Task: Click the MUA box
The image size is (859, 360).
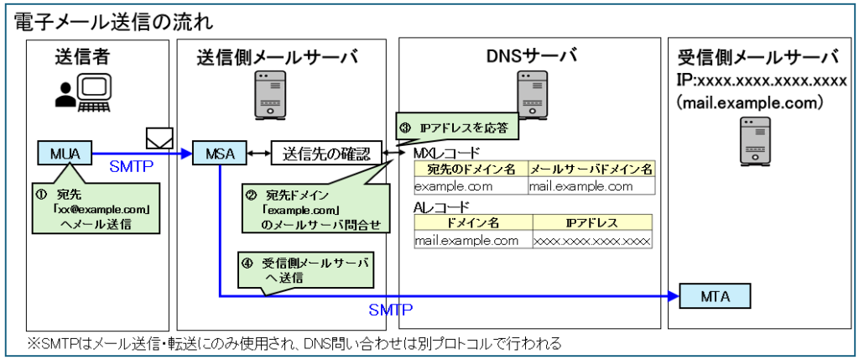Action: (61, 154)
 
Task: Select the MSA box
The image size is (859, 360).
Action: (219, 154)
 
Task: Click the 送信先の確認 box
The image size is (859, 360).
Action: (325, 154)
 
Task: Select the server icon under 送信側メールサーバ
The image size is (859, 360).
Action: (268, 94)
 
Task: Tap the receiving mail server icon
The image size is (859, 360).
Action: (754, 141)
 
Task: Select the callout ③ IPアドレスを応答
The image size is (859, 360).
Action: (456, 130)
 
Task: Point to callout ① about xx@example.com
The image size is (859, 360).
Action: (94, 209)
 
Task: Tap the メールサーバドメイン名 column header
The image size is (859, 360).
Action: (591, 170)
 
